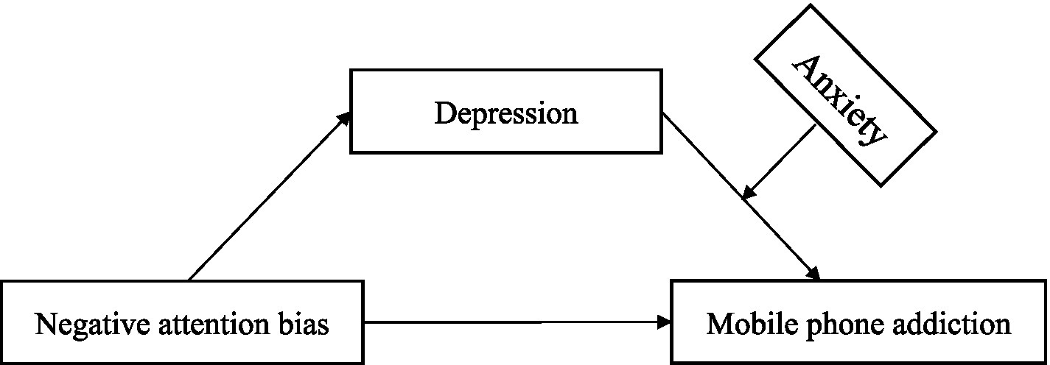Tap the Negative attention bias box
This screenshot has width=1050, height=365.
click(182, 322)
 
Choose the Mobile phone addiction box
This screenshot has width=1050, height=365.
click(858, 322)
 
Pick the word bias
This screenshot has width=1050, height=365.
click(304, 323)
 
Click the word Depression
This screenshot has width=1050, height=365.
click(505, 114)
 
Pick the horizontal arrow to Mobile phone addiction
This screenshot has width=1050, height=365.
click(516, 322)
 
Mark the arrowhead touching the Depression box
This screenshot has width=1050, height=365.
click(344, 118)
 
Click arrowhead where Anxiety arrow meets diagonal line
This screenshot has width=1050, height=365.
click(748, 192)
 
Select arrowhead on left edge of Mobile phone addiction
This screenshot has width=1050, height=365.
click(665, 322)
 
